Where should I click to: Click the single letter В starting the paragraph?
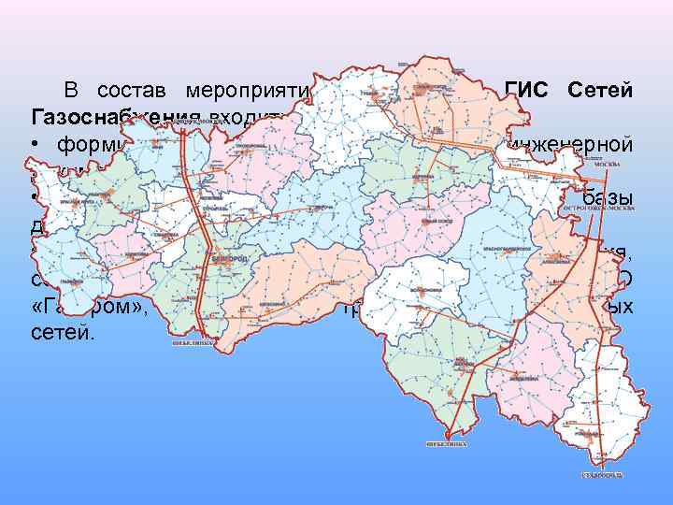click(70, 92)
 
